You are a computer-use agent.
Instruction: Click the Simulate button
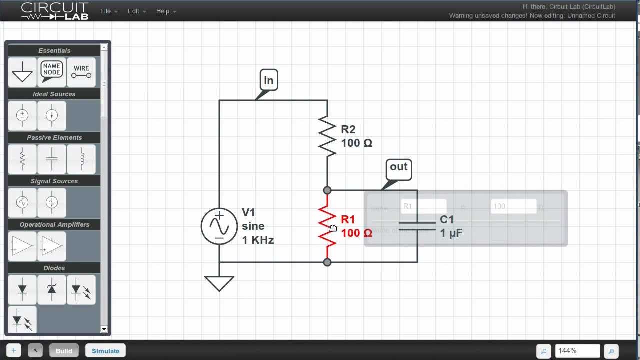point(105,351)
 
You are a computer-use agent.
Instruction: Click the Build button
point(64,351)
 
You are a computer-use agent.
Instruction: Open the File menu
point(108,11)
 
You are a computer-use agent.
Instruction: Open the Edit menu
point(136,11)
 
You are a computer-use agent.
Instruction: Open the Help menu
point(166,11)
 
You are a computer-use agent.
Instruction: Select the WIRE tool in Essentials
point(81,72)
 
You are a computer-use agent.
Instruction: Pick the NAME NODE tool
point(52,72)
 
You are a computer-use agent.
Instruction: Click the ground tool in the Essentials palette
point(22,72)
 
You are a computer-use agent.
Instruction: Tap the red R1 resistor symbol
point(327,226)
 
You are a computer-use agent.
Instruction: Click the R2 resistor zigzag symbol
point(327,136)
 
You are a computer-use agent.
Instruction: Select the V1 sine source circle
point(219,226)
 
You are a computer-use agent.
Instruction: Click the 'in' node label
point(269,80)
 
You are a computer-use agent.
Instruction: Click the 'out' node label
point(398,167)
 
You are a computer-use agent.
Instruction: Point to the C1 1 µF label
point(451,226)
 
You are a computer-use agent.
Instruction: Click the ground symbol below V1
point(219,283)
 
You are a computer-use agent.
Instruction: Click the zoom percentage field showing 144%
point(577,351)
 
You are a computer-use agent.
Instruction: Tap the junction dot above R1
point(327,190)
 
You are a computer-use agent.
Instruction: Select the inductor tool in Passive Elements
point(81,159)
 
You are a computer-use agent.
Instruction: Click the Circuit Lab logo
point(55,11)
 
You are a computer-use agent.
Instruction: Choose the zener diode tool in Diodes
point(52,289)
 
